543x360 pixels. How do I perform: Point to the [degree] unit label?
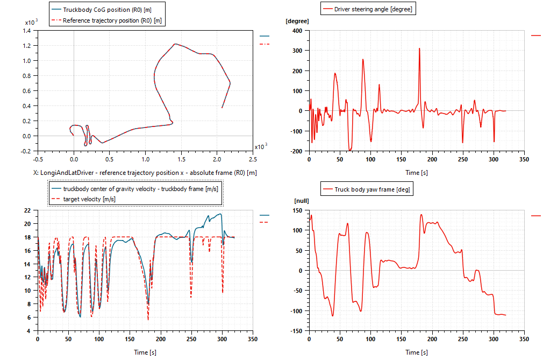[x=297, y=22]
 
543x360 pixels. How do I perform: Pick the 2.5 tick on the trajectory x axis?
[x=253, y=159]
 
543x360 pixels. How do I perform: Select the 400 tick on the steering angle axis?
[x=299, y=31]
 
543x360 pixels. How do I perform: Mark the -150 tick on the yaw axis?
[x=298, y=331]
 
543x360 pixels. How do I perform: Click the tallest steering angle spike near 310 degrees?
[x=419, y=48]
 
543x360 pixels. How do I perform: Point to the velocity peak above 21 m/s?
[x=220, y=214]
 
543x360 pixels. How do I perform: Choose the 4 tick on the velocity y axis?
[x=31, y=331]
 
